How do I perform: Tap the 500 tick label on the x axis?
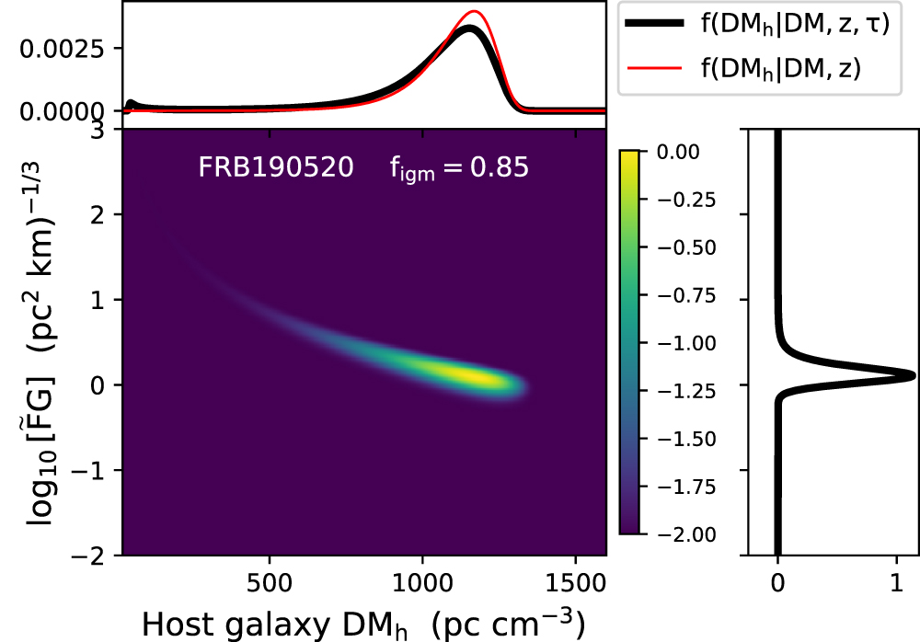click(x=270, y=586)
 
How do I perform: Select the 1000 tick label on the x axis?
click(x=422, y=586)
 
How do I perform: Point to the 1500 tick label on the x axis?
click(x=576, y=586)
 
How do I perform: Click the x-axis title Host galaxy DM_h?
click(x=362, y=623)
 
